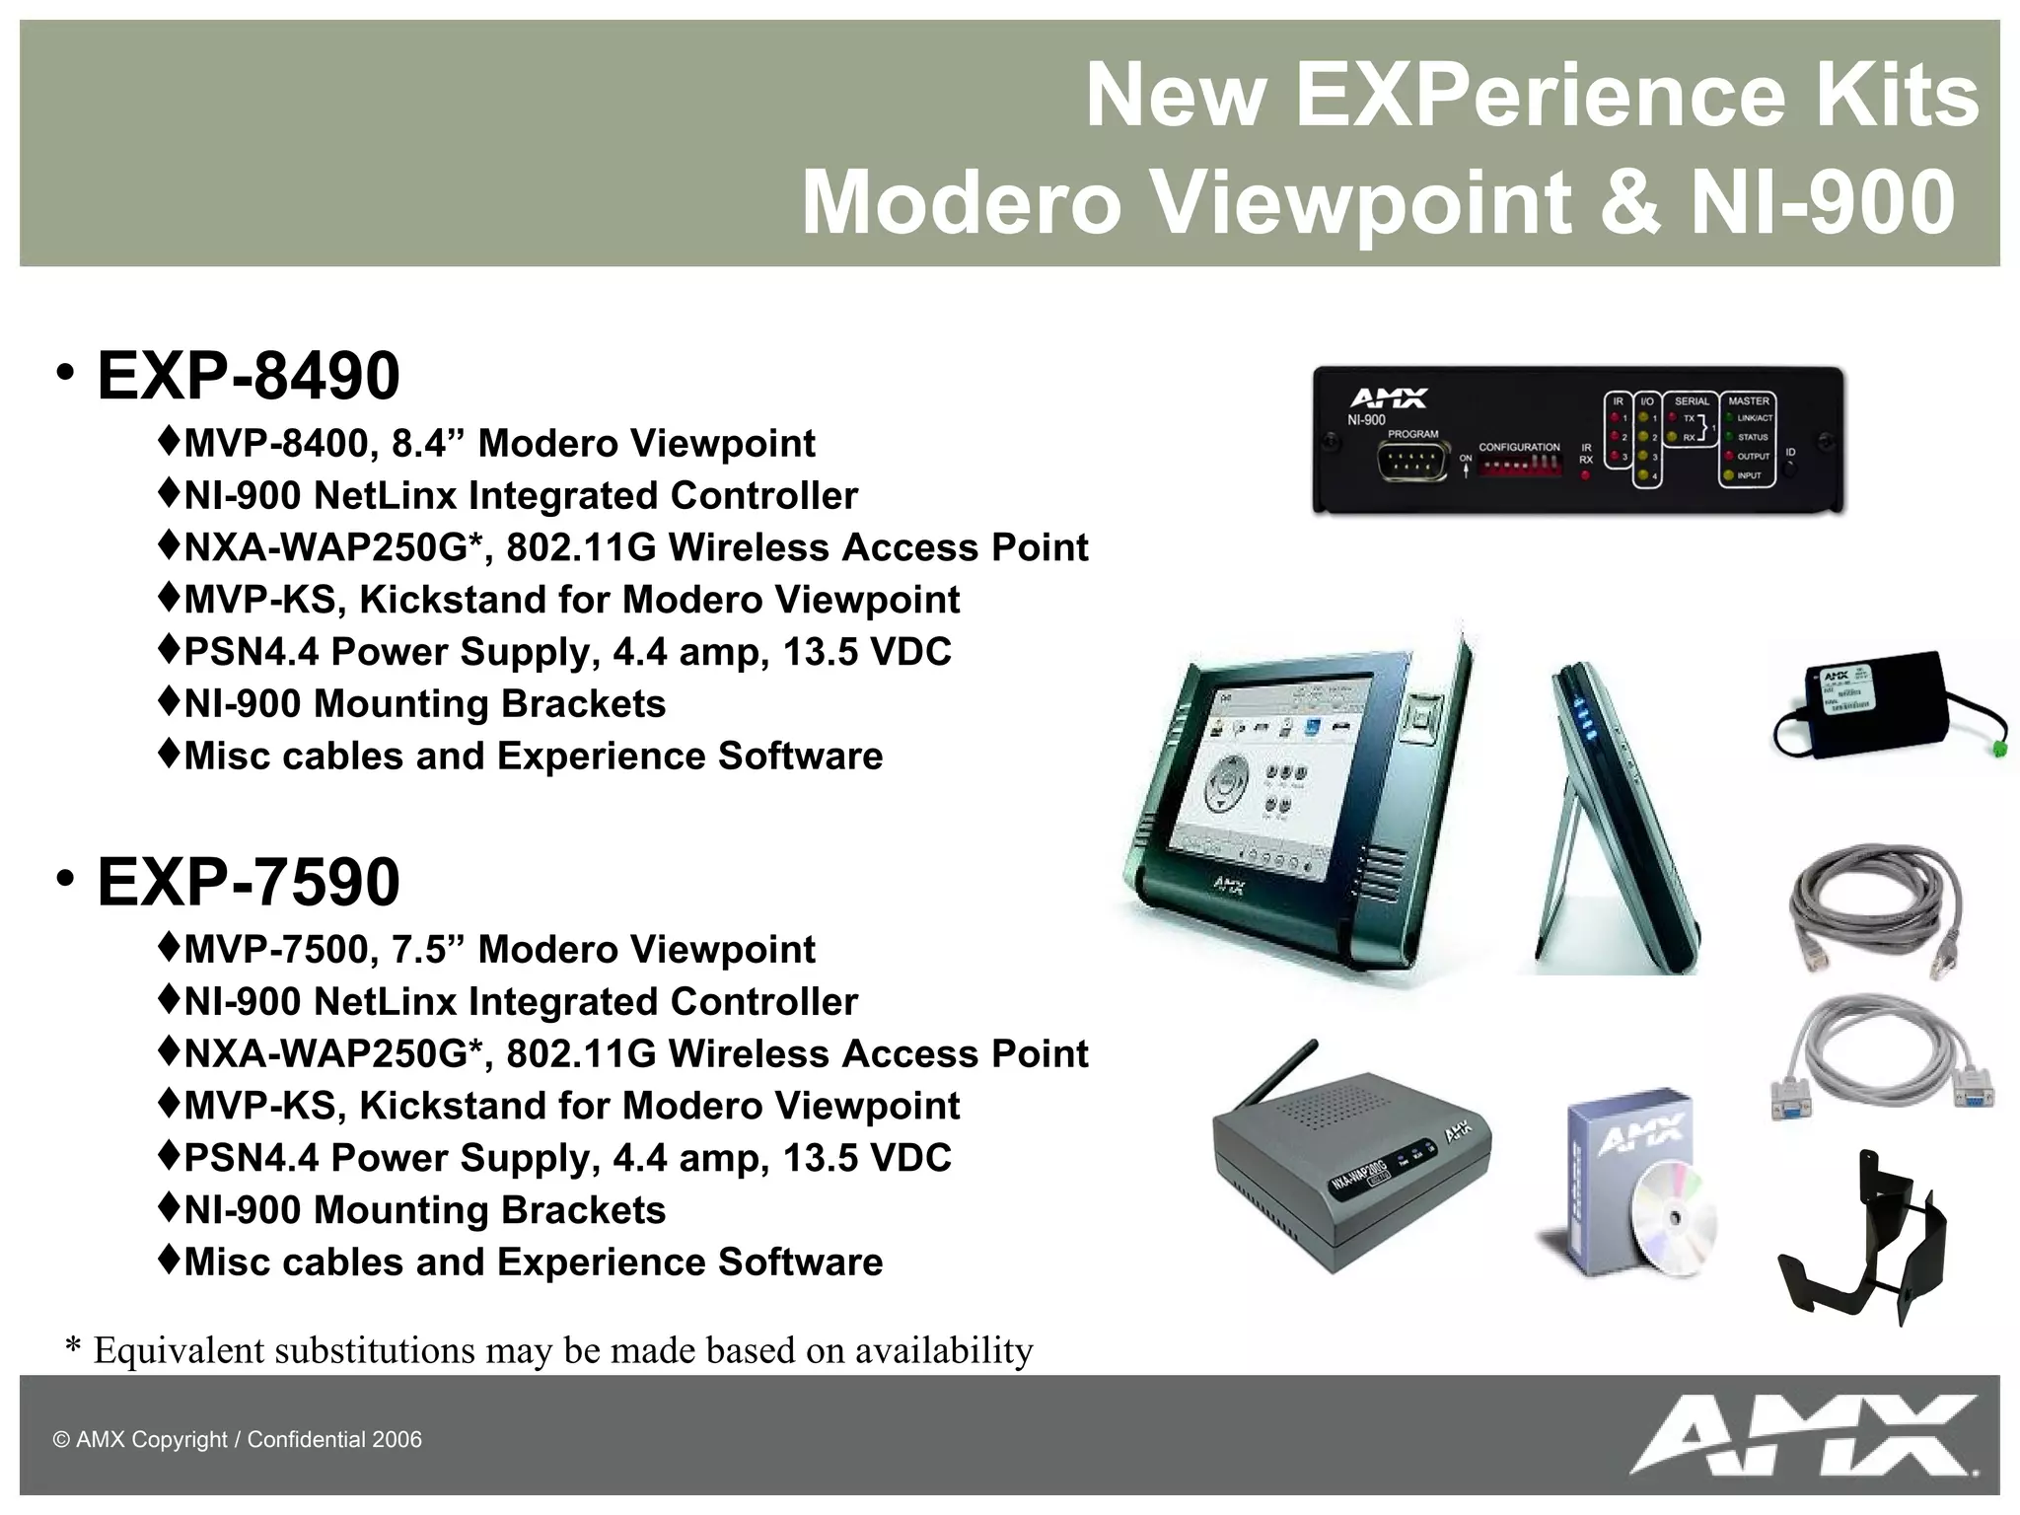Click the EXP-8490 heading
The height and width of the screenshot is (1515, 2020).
[x=249, y=376]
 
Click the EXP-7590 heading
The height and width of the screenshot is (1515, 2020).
[x=249, y=882]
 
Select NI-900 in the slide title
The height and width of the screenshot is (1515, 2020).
[x=1823, y=202]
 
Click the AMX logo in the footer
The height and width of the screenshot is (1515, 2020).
[x=1803, y=1435]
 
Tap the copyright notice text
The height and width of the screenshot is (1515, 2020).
[x=237, y=1439]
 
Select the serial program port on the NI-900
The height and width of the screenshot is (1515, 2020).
[x=1412, y=461]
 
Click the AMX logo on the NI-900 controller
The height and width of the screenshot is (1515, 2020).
[x=1388, y=397]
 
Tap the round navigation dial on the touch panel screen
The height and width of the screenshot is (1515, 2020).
[x=1226, y=784]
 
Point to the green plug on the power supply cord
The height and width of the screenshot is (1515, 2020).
[x=1998, y=750]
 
